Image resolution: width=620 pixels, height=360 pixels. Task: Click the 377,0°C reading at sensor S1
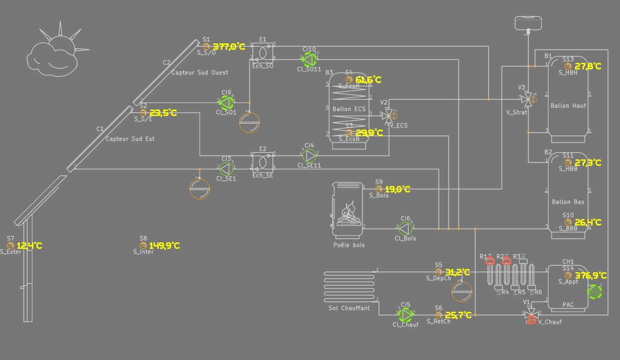tap(228, 47)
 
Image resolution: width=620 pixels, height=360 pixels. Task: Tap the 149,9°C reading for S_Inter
tap(164, 246)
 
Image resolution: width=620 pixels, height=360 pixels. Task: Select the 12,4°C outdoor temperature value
tap(29, 246)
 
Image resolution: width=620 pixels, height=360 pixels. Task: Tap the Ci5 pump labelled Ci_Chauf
tap(405, 314)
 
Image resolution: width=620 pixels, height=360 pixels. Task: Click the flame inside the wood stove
tap(348, 212)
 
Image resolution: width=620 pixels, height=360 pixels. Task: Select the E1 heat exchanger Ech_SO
tap(263, 53)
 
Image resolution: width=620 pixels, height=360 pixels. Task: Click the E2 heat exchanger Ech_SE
tap(263, 162)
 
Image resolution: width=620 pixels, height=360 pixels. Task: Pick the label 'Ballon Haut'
tap(568, 106)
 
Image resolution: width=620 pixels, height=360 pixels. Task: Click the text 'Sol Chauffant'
tap(349, 308)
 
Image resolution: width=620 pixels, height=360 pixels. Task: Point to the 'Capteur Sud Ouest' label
tap(200, 73)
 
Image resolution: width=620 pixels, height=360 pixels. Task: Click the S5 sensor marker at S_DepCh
tap(439, 272)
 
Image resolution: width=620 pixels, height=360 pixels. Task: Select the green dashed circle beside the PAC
tap(595, 293)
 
